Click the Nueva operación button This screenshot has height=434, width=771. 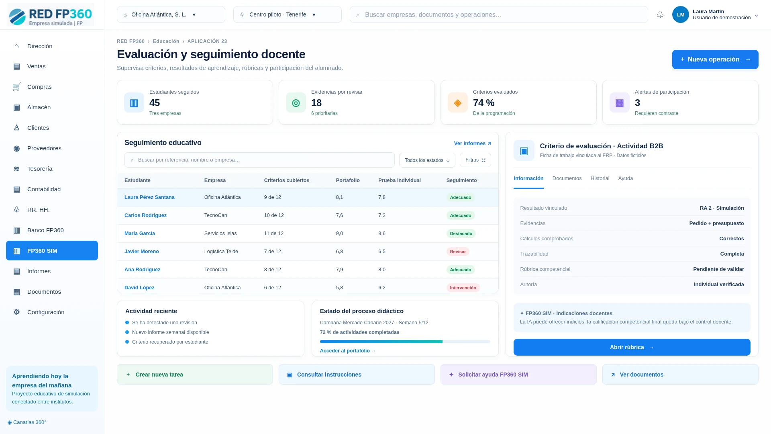715,59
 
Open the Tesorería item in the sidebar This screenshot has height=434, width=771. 52,169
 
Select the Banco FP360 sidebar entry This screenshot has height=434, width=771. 52,230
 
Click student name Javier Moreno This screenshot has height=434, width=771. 142,252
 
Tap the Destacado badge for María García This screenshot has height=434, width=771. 461,233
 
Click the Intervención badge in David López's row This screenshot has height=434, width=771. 463,288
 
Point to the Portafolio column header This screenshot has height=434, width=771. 348,180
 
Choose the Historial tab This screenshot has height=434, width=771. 600,178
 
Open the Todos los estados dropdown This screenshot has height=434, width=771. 427,160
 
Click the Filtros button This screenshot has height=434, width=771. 475,160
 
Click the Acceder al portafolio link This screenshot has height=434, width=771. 348,351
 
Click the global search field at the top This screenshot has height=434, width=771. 499,14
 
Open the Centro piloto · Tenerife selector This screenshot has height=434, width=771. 288,14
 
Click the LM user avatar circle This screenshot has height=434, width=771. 681,14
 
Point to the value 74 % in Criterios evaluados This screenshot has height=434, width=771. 484,103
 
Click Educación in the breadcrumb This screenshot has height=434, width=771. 166,41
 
